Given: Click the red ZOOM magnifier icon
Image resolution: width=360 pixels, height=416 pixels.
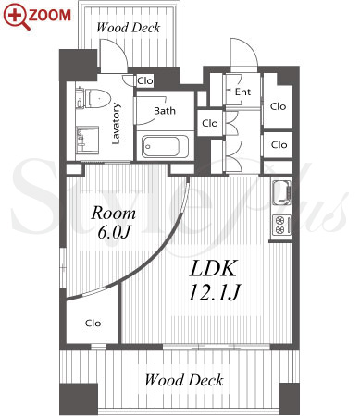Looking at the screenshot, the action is coord(16,17).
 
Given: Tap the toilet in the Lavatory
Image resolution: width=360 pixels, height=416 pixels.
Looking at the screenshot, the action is coord(94,98).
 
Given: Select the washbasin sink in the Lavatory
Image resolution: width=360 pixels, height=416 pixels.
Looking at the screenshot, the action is coord(87,140).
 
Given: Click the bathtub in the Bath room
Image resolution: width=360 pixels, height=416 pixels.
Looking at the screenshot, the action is coord(166,146).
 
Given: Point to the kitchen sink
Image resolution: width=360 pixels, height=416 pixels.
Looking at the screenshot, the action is coord(281,193).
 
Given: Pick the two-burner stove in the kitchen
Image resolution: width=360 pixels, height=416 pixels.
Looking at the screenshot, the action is coord(281,225).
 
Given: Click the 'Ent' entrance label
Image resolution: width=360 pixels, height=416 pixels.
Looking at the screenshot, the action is coord(242,92).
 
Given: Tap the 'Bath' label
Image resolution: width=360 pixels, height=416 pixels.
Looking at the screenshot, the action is coord(165,111).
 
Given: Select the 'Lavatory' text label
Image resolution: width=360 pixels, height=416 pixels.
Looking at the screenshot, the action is coord(116,123).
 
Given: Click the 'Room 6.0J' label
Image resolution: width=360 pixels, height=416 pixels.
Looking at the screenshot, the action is coord(114,222).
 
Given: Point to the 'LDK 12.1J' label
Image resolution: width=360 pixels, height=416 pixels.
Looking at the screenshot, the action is coord(214,280).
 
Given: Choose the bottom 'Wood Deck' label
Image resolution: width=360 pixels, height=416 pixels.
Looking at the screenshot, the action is coord(184,380).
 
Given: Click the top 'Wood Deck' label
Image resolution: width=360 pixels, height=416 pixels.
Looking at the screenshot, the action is coord(128,28).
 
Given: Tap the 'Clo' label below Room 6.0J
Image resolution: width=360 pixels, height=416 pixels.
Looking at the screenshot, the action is coord(93,323).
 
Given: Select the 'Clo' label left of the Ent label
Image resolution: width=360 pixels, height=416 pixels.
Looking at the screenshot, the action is coord(210,123).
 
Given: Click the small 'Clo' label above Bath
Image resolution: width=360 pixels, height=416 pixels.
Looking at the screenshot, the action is coord(145,81).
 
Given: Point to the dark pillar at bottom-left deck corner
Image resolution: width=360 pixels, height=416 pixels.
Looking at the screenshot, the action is coord(79,399).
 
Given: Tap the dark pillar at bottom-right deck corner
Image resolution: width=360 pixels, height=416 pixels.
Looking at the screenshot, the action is coord(290,399).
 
